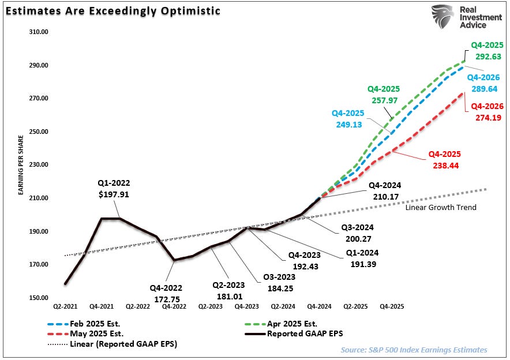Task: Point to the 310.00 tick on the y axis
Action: pyautogui.click(x=39, y=32)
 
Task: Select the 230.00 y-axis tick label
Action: pyautogui.click(x=39, y=164)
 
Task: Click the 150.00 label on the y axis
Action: pyautogui.click(x=39, y=298)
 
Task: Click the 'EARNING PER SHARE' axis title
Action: pyautogui.click(x=20, y=165)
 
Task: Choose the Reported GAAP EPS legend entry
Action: pyautogui.click(x=302, y=334)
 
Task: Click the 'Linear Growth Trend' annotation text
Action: pyautogui.click(x=441, y=207)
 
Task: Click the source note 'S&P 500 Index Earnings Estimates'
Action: pyautogui.click(x=414, y=350)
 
